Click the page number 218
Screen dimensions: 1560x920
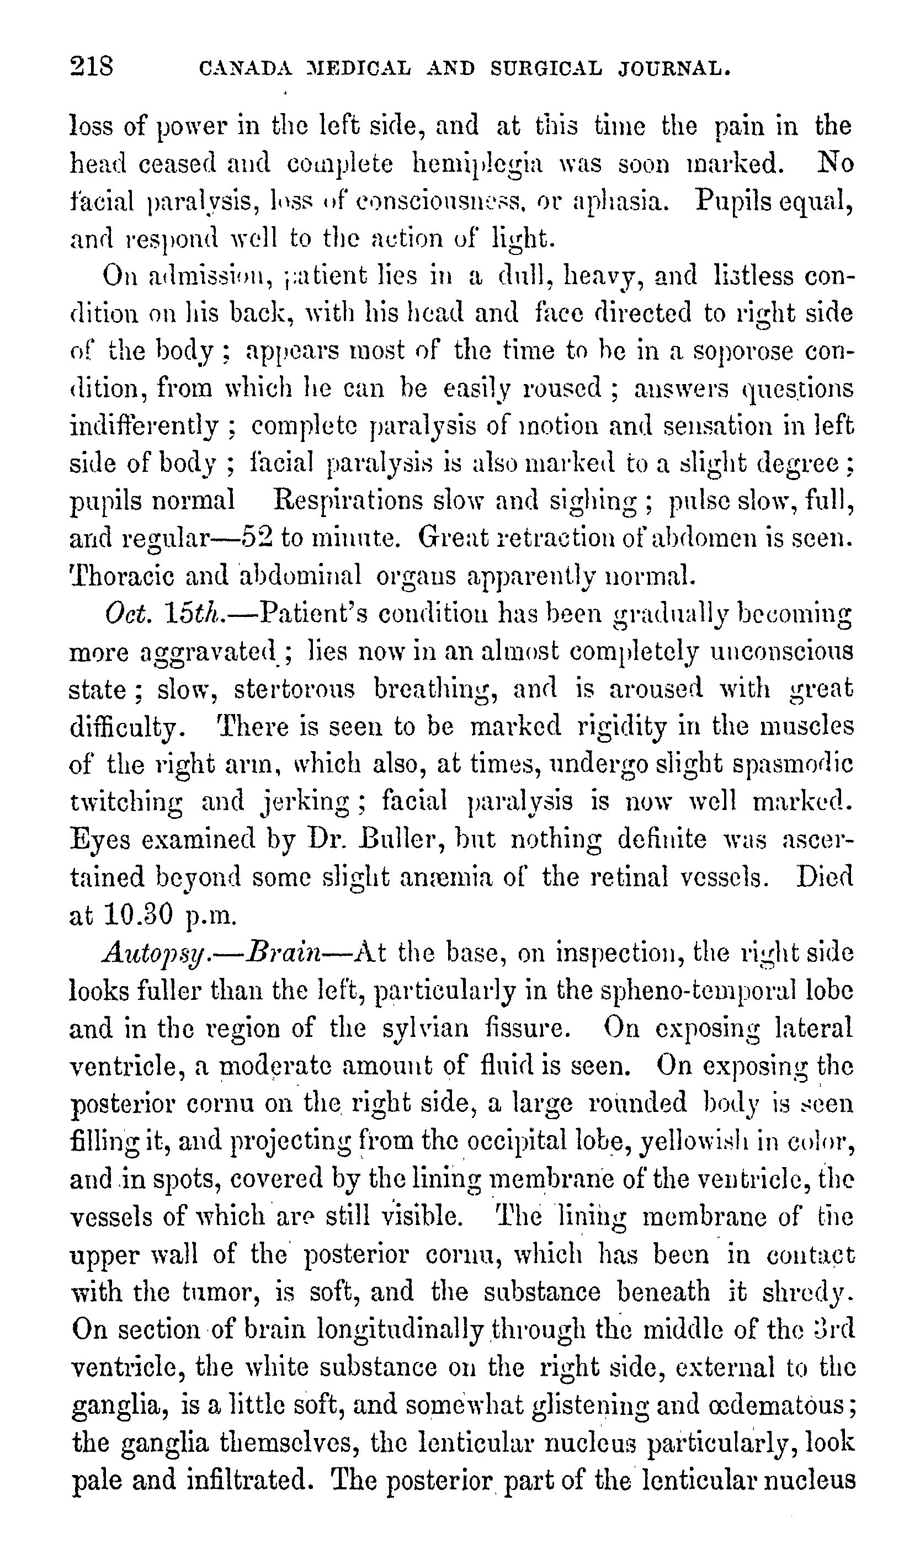click(92, 66)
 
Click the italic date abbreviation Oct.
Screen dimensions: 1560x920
click(127, 614)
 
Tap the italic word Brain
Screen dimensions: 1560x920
click(283, 952)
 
